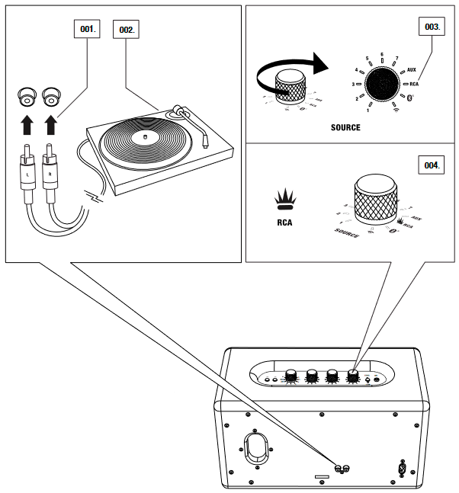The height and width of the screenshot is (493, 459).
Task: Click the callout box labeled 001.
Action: tap(89, 29)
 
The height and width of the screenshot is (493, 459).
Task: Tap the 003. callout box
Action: tap(432, 26)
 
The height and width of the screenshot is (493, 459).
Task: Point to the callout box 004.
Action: tap(432, 164)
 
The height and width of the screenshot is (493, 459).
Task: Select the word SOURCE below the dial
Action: tap(345, 127)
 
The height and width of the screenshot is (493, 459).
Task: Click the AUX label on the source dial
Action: tap(411, 69)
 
